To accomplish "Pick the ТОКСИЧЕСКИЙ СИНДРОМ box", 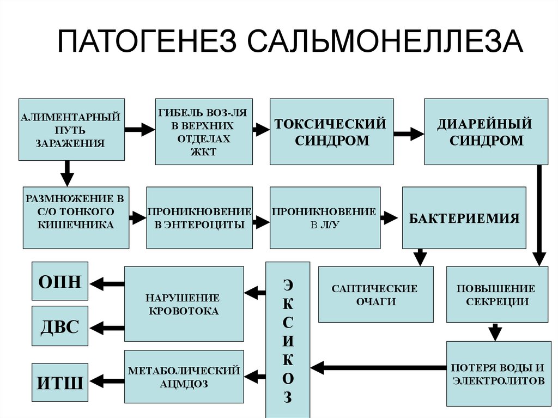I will click(x=331, y=131).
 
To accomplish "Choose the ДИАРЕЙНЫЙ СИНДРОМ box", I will click(x=486, y=131).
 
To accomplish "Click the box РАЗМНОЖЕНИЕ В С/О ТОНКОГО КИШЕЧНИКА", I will click(x=76, y=217).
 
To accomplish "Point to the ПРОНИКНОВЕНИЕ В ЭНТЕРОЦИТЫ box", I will click(x=199, y=217).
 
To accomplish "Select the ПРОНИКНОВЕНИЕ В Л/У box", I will click(x=325, y=217).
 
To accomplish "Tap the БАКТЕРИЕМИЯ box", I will click(x=464, y=217).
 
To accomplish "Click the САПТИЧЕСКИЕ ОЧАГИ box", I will click(x=375, y=294).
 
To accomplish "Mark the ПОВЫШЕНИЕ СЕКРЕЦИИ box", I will click(x=498, y=294).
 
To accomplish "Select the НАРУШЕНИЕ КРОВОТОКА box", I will click(x=184, y=304).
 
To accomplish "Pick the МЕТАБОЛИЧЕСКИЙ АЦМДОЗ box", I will click(x=184, y=377).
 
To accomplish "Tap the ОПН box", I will click(x=60, y=281).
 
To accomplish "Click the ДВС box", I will click(x=60, y=326).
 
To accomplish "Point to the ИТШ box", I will click(x=60, y=381).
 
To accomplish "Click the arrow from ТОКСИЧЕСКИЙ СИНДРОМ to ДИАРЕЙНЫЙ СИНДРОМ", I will click(x=409, y=132).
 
